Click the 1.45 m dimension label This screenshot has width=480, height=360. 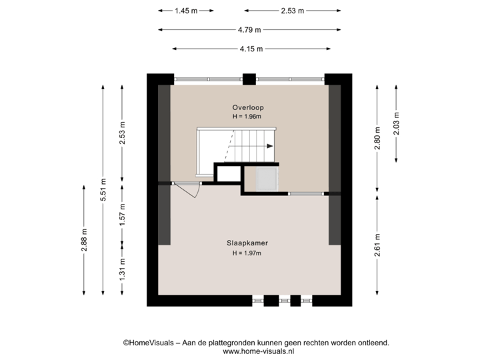185,11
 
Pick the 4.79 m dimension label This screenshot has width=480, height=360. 249,29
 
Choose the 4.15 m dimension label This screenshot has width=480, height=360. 252,48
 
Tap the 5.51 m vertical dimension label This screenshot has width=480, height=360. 103,189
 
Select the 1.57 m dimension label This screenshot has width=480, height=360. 122,215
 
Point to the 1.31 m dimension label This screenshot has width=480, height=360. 122,269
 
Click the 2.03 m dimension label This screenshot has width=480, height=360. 397,124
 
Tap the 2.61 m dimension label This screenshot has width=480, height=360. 377,243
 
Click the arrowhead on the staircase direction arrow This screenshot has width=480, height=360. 269,145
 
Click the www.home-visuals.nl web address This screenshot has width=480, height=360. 258,351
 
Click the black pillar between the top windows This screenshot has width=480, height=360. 249,79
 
